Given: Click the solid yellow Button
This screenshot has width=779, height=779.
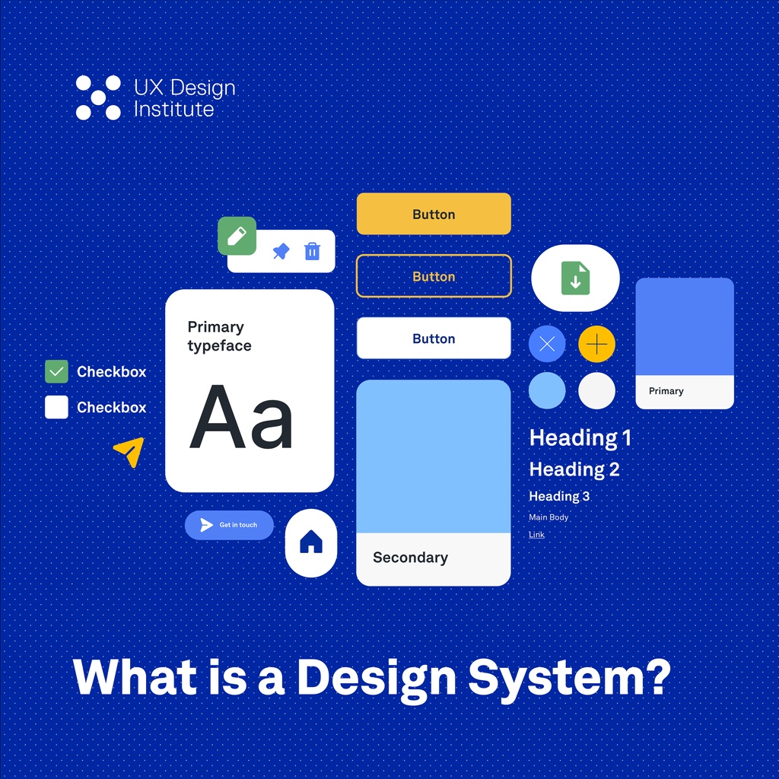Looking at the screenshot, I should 434,214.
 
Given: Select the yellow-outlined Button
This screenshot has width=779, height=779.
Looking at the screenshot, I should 434,276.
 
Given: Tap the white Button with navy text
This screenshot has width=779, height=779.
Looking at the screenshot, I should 434,339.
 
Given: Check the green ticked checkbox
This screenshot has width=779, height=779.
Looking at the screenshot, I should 57,372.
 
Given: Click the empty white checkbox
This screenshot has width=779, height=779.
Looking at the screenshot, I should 57,407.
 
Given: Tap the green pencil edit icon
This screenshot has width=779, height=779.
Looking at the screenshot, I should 237,236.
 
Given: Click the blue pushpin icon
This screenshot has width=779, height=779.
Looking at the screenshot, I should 281,251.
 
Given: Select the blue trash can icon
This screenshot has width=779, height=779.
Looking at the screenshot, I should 312,251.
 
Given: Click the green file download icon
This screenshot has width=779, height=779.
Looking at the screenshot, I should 575,278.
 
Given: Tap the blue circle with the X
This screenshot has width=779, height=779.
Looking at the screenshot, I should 547,345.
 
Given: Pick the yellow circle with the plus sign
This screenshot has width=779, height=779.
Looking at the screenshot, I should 596,345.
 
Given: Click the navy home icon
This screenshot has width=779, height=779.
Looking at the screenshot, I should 311,542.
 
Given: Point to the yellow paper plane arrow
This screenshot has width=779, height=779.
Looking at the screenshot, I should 129,451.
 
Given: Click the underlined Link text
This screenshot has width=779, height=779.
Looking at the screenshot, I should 536,535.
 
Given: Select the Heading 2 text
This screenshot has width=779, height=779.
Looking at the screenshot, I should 574,469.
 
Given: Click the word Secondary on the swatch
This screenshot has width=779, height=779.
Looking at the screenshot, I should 410,558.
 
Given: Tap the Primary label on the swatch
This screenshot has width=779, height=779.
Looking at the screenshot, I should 666,391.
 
